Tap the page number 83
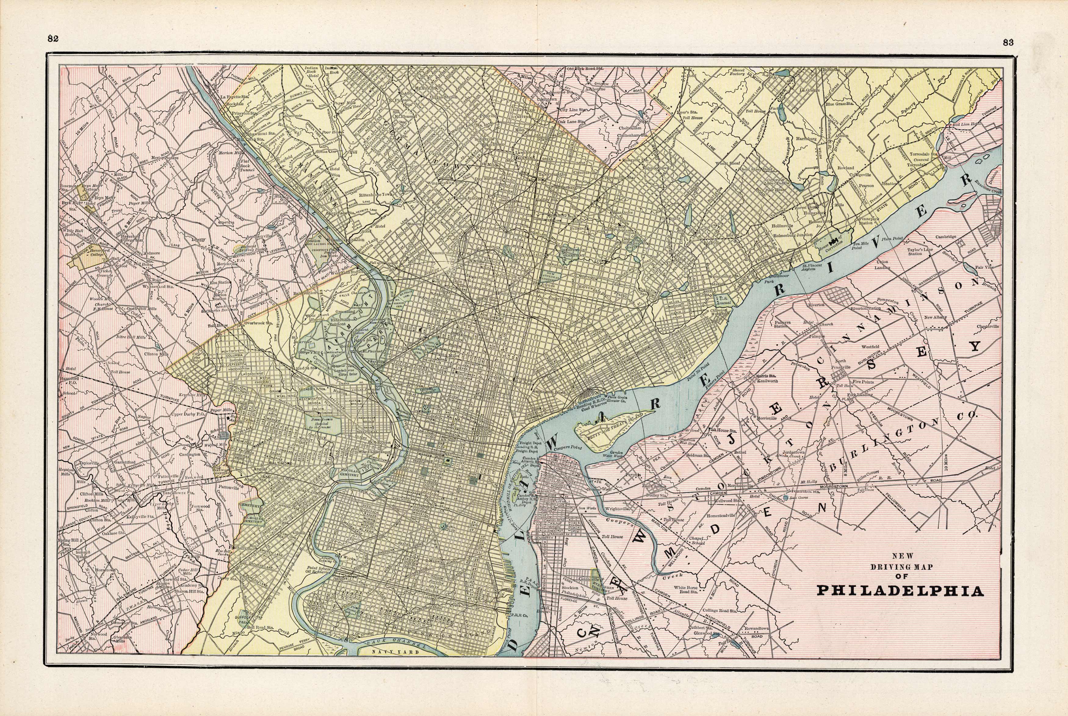tap(1008, 42)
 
